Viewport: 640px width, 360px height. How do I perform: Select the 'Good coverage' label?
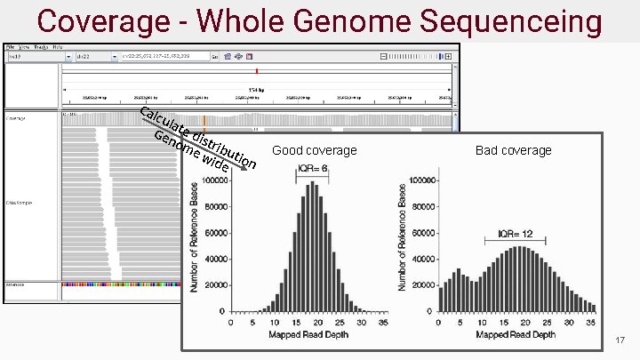pyautogui.click(x=315, y=150)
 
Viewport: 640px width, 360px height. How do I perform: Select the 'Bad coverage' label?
pyautogui.click(x=514, y=150)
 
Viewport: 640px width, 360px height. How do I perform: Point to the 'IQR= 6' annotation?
pyautogui.click(x=313, y=168)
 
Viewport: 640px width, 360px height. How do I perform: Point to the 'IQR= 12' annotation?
pyautogui.click(x=515, y=235)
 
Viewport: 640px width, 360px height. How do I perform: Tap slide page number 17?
pyautogui.click(x=620, y=341)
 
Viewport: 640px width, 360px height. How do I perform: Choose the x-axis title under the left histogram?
pyautogui.click(x=314, y=334)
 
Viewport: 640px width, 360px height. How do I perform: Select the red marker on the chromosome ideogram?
pyautogui.click(x=257, y=70)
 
